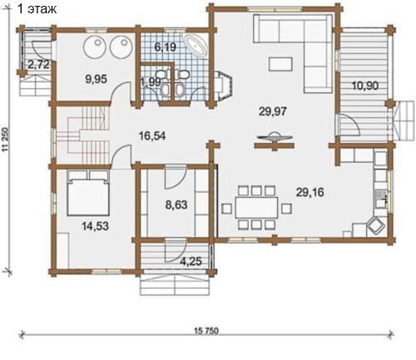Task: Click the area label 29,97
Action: (x=273, y=111)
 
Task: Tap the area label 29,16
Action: (x=310, y=192)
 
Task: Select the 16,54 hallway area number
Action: (x=152, y=136)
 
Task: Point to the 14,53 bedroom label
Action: (x=95, y=226)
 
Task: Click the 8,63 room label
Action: (x=176, y=205)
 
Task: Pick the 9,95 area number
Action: (x=96, y=79)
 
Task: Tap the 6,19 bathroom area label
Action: (x=166, y=47)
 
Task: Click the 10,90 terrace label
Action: (x=365, y=86)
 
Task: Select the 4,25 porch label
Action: (x=191, y=261)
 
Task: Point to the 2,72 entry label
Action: (x=39, y=65)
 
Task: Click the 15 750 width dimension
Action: (x=206, y=331)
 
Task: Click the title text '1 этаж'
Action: (x=37, y=8)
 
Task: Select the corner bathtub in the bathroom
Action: (x=196, y=46)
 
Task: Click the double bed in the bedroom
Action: (x=88, y=193)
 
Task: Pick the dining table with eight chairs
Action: (x=256, y=208)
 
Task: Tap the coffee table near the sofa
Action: (x=280, y=64)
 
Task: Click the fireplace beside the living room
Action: (x=224, y=86)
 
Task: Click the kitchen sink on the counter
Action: (x=380, y=199)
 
